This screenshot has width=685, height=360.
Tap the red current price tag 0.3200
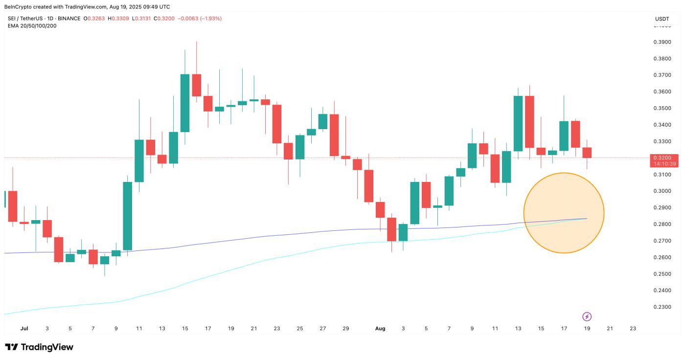(x=663, y=158)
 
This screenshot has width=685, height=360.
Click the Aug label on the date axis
(x=380, y=329)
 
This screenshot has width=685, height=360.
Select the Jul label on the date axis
(x=24, y=329)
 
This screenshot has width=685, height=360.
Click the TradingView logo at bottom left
(x=39, y=347)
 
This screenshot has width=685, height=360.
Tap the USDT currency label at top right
(x=662, y=19)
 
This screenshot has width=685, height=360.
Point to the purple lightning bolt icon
(x=587, y=316)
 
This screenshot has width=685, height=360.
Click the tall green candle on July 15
(x=185, y=103)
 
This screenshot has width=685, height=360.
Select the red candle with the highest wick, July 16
(x=196, y=85)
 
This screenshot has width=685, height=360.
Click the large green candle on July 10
(x=127, y=215)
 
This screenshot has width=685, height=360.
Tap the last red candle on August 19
(x=587, y=152)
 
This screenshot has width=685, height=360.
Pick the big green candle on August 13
(x=518, y=123)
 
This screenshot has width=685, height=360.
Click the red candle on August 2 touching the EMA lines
(x=391, y=229)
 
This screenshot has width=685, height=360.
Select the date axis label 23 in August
(x=633, y=329)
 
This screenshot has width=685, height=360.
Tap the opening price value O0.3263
(x=94, y=19)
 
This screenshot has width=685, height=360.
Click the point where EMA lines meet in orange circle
(x=585, y=219)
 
